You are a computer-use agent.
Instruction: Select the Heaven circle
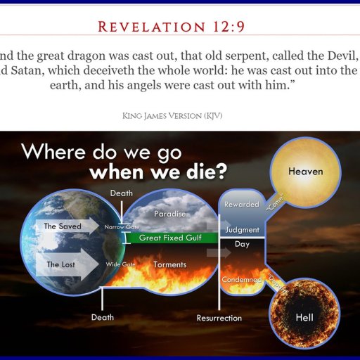coord(305,172)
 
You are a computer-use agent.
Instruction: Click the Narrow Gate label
coord(122,227)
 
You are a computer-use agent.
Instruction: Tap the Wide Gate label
coord(120,264)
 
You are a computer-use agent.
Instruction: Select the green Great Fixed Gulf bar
coord(170,238)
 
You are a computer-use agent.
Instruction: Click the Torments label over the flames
coord(169,264)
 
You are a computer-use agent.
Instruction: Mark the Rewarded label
coord(241,204)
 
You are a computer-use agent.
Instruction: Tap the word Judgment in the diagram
coord(242,230)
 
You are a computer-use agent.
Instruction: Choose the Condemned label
coord(241,279)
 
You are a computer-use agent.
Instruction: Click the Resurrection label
coord(219,318)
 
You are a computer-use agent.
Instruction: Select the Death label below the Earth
coord(103,317)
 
